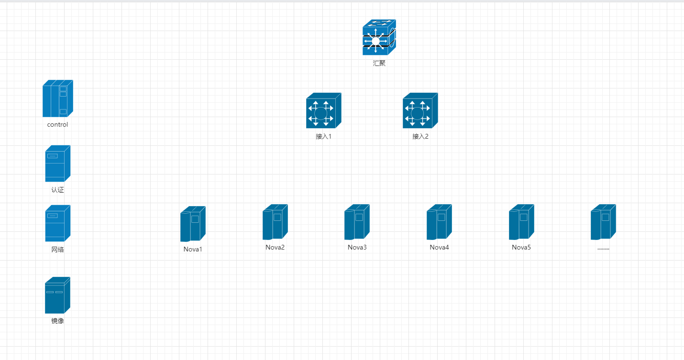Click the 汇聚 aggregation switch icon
(x=379, y=37)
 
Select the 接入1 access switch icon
(x=323, y=110)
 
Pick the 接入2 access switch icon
(x=420, y=110)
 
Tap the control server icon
(x=58, y=98)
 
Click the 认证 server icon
(x=58, y=164)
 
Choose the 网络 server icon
(x=58, y=223)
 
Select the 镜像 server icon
(x=58, y=295)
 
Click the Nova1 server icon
(x=193, y=224)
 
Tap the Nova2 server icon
(x=275, y=222)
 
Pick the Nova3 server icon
(x=357, y=222)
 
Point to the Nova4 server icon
(x=439, y=222)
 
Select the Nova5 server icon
(x=521, y=222)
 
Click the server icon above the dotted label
(x=603, y=222)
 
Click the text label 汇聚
(x=379, y=63)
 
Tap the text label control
(x=57, y=125)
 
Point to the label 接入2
(x=420, y=136)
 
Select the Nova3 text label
(x=357, y=247)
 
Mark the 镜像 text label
(x=57, y=321)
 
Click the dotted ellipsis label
(x=603, y=248)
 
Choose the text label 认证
(x=57, y=190)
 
